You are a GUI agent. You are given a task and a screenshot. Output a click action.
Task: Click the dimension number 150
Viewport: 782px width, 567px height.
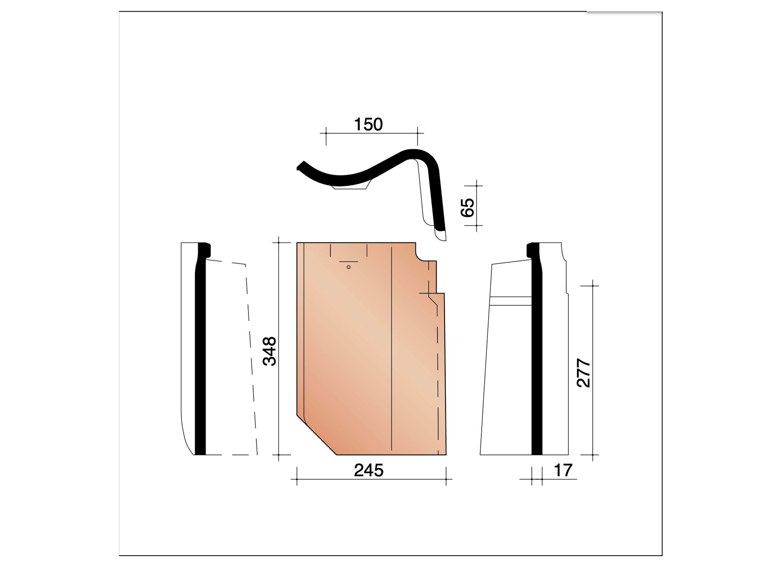pos(368,124)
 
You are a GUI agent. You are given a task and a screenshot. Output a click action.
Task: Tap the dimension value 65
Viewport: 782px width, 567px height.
pos(467,207)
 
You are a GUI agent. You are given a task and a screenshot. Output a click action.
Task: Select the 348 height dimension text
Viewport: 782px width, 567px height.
pos(270,351)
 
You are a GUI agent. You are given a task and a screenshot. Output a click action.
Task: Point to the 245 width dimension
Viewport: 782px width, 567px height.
pos(369,470)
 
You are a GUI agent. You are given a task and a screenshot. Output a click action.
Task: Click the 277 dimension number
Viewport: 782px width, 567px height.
pos(584,373)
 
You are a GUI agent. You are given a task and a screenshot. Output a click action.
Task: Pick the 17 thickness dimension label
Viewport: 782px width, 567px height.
pos(562,470)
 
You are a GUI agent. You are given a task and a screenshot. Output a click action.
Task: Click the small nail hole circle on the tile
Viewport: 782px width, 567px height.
pos(348,267)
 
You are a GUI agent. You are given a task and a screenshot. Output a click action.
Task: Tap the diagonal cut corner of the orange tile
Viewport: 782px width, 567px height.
pos(317,435)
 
